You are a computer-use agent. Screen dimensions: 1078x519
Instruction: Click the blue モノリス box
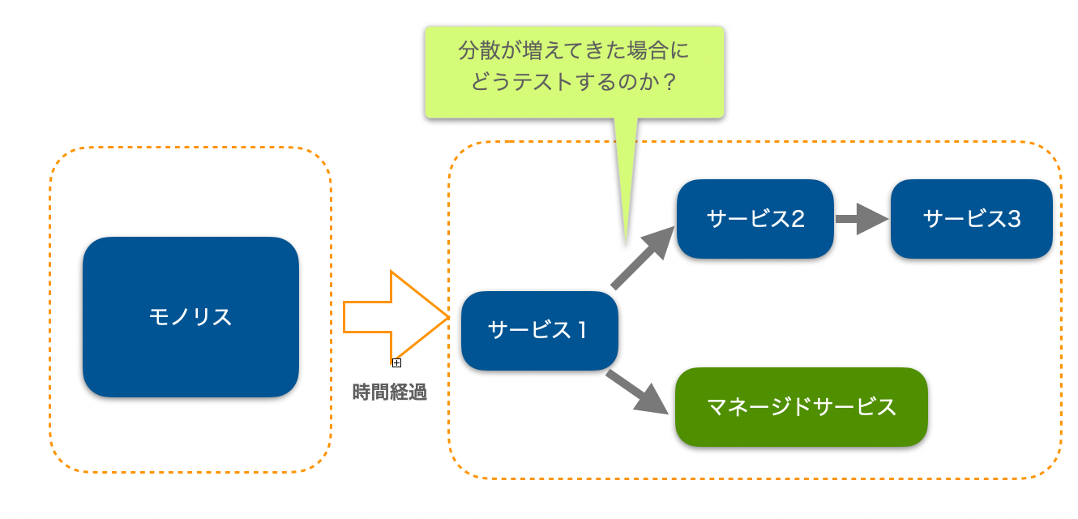tap(190, 317)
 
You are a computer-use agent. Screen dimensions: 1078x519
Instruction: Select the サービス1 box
tap(540, 331)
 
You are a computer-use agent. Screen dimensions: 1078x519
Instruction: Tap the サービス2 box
tap(755, 219)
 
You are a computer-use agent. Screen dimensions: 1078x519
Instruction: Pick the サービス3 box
tap(971, 219)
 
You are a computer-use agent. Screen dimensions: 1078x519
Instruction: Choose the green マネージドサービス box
tap(802, 407)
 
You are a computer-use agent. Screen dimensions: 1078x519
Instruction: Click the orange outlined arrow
tap(396, 317)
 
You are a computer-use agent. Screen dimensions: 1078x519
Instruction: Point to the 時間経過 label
tap(389, 392)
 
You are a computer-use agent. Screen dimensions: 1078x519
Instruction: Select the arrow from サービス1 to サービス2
tap(644, 258)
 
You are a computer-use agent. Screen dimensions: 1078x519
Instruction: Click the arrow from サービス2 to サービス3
tap(862, 219)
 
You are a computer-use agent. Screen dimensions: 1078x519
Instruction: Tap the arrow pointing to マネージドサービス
tap(637, 392)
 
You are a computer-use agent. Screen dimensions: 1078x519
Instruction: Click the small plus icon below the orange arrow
tap(396, 363)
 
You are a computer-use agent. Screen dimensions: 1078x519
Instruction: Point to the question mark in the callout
tap(669, 82)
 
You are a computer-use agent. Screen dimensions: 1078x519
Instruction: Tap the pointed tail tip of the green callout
tap(626, 245)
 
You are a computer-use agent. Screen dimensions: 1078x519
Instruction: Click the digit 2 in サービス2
tap(798, 219)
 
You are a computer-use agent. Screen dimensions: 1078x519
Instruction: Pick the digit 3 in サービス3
tap(1014, 219)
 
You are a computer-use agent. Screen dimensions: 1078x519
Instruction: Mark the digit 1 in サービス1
tap(582, 331)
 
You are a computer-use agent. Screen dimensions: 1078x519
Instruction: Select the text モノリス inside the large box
tap(190, 317)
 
